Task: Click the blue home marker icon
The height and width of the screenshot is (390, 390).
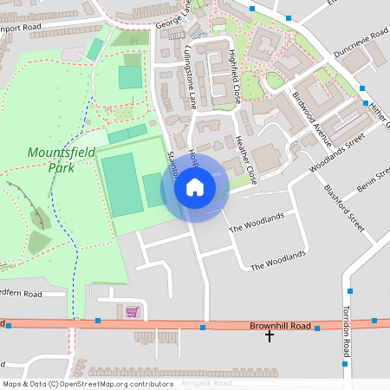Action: point(195,186)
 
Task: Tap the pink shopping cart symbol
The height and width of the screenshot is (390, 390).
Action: point(132,311)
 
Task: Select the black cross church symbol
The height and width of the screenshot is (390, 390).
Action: point(270,335)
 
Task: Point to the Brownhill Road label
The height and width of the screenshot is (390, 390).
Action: point(280,325)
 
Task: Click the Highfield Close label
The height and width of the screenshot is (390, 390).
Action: point(232,75)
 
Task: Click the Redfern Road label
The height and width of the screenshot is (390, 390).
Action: point(21,294)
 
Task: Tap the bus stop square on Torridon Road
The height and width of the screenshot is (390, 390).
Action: point(349,291)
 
